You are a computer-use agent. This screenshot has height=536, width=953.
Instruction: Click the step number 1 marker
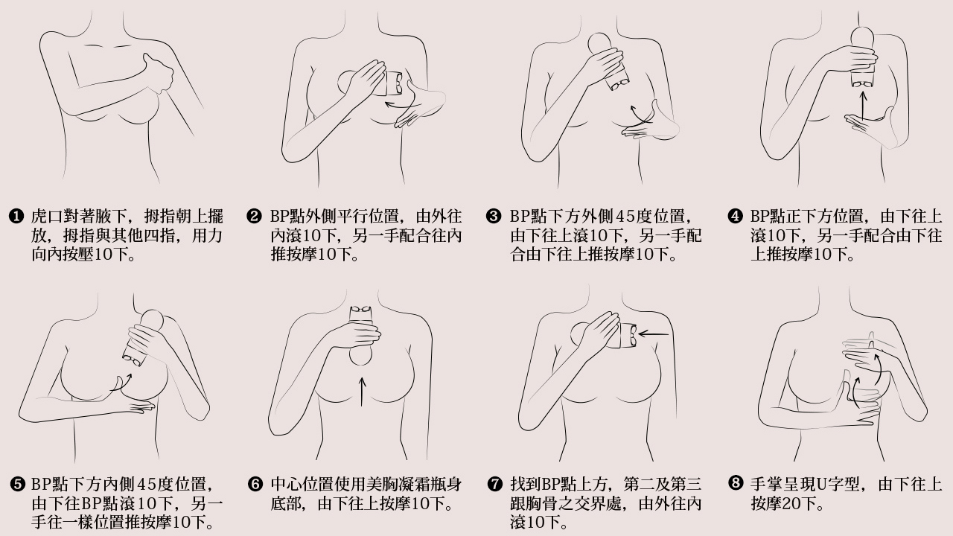tap(16, 217)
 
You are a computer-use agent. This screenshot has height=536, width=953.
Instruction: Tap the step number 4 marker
tap(736, 217)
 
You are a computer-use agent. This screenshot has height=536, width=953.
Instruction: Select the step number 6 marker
tap(255, 485)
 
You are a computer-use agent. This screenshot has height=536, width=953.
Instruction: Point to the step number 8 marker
tap(736, 484)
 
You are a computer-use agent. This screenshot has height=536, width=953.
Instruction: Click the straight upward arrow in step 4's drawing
tap(863, 104)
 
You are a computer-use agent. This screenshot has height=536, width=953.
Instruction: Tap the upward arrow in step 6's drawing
tap(362, 392)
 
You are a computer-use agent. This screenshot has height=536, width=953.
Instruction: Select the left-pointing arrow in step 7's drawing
tap(654, 334)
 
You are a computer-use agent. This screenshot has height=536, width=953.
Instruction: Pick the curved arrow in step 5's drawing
tap(118, 383)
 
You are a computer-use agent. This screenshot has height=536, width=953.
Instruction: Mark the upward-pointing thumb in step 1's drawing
tap(155, 61)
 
